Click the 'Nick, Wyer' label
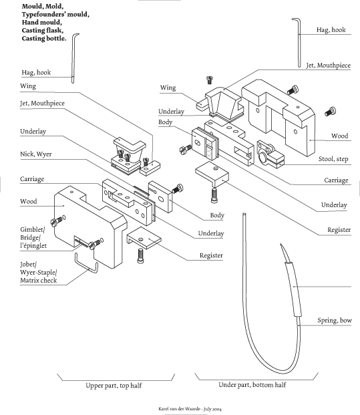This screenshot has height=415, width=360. (x=35, y=154)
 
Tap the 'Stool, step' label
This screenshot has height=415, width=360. (x=333, y=159)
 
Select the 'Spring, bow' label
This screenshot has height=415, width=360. (x=335, y=320)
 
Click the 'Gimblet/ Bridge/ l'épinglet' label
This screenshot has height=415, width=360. (x=33, y=238)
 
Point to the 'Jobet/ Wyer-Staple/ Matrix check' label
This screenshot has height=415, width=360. (x=38, y=273)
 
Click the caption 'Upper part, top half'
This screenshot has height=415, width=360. (x=114, y=386)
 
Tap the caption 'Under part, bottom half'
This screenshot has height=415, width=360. (x=252, y=385)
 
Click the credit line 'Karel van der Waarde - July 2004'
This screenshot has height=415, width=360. (x=190, y=409)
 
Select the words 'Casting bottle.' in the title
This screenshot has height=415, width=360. (x=44, y=38)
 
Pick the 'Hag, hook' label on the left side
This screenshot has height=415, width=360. (x=36, y=72)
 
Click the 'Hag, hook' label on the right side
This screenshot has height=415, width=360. (x=331, y=29)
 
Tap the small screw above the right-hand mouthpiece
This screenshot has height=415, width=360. (x=210, y=80)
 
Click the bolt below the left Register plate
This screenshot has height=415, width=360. (x=140, y=256)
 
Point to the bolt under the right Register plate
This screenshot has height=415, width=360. (x=214, y=195)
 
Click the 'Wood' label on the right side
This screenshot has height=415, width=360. (x=340, y=136)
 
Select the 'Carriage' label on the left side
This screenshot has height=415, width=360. (x=32, y=179)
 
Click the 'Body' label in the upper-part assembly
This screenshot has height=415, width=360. (x=217, y=215)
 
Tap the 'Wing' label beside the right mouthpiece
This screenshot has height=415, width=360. (x=168, y=88)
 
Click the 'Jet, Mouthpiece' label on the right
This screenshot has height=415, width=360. (x=328, y=65)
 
